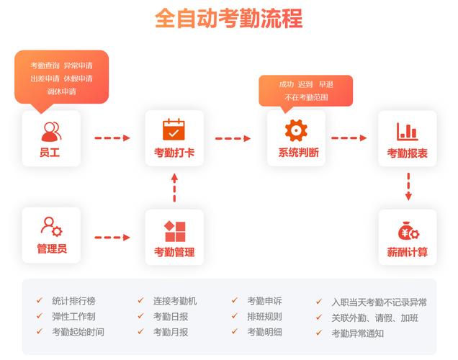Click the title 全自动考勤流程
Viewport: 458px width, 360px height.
[229, 19]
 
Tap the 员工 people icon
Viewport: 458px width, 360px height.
[51, 132]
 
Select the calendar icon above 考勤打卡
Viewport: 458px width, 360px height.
[174, 130]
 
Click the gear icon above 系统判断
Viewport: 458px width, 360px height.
[296, 130]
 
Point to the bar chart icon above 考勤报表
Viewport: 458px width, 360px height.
[407, 131]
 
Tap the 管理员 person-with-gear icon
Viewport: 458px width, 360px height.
[51, 227]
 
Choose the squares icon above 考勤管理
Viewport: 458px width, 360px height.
[175, 232]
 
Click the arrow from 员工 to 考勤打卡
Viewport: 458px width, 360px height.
[112, 138]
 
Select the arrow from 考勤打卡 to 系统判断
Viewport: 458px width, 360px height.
[233, 138]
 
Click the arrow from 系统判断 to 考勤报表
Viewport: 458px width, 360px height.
[349, 138]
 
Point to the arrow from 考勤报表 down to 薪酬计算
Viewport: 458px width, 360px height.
[408, 186]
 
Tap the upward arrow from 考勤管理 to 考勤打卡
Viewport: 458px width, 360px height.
[174, 187]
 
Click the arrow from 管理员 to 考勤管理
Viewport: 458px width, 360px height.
[112, 238]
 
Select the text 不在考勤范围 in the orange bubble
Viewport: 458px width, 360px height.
[306, 97]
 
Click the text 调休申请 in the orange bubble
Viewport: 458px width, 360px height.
[62, 91]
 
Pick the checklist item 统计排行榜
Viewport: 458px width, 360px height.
[73, 301]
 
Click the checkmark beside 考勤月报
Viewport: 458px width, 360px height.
[141, 331]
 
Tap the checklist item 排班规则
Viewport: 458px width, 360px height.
[264, 317]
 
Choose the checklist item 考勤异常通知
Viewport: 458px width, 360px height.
[357, 333]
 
